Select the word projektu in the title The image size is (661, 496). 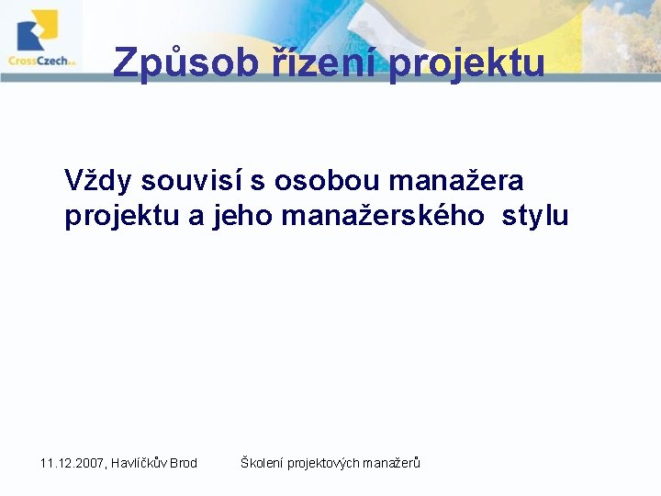click(467, 63)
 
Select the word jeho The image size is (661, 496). click(242, 217)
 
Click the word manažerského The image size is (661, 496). click(384, 217)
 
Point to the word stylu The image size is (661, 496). click(535, 217)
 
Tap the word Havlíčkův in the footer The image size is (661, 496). click(140, 463)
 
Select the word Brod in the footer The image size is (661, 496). click(184, 463)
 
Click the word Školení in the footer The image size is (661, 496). click(262, 463)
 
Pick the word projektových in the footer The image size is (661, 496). click(323, 463)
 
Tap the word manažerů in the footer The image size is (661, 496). click(392, 463)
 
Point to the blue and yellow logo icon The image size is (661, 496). click(38, 29)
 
